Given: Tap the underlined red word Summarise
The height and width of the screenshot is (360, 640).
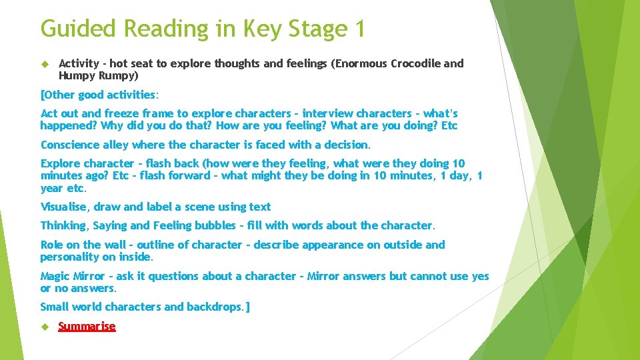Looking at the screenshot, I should click(87, 326).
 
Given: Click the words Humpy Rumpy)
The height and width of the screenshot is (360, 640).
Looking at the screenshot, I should click(99, 76).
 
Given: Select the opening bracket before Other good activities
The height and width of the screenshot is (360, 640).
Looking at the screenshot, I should click(43, 95).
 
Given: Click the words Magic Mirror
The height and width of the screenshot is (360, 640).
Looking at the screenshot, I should click(72, 276).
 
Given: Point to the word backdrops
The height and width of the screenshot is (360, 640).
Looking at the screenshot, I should click(213, 307).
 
